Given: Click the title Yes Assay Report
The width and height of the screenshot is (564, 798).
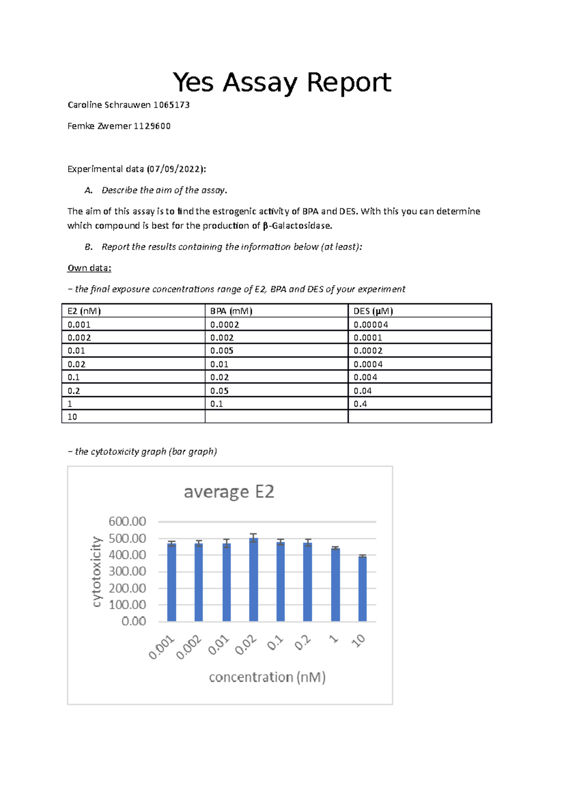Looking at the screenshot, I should (x=282, y=83).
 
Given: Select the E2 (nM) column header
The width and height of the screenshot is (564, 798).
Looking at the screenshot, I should (x=84, y=311).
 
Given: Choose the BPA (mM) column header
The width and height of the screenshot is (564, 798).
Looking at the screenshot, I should (x=231, y=311).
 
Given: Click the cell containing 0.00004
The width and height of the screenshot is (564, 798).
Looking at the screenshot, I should (x=371, y=325).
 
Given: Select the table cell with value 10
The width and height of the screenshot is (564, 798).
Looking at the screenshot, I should (x=72, y=417).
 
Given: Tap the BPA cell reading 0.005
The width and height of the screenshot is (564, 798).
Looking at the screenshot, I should (x=222, y=351).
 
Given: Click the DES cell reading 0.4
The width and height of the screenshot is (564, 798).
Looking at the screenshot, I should (x=360, y=404).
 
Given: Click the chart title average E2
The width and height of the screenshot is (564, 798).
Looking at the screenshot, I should (x=229, y=492).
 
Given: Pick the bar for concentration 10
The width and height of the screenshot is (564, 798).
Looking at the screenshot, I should (x=362, y=590).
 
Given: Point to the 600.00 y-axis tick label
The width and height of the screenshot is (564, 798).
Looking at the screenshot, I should (x=127, y=522).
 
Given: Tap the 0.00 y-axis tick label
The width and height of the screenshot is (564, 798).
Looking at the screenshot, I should (x=133, y=621).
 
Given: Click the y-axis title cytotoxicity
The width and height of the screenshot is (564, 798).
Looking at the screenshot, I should (x=96, y=571).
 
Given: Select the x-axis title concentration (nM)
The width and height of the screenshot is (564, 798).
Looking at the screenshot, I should (x=267, y=677).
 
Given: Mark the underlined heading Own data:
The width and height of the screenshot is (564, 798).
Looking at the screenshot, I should (x=89, y=268).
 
